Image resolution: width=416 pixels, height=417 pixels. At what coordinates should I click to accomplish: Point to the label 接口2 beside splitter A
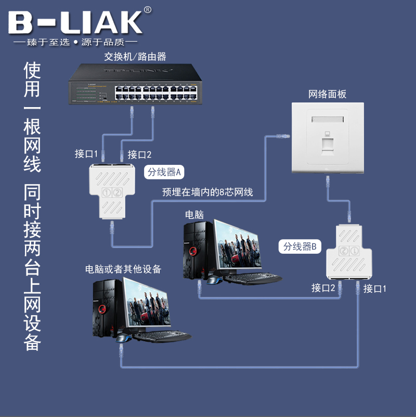click(139, 154)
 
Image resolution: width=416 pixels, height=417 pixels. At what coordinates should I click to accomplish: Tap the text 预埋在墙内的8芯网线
click(207, 192)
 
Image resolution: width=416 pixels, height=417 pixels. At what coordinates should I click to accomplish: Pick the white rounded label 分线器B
click(300, 246)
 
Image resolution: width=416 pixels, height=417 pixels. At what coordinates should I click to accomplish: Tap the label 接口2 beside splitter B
click(323, 288)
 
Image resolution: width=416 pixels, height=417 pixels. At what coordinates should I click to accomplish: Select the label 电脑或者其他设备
click(123, 269)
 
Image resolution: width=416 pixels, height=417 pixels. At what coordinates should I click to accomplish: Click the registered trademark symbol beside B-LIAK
click(147, 10)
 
